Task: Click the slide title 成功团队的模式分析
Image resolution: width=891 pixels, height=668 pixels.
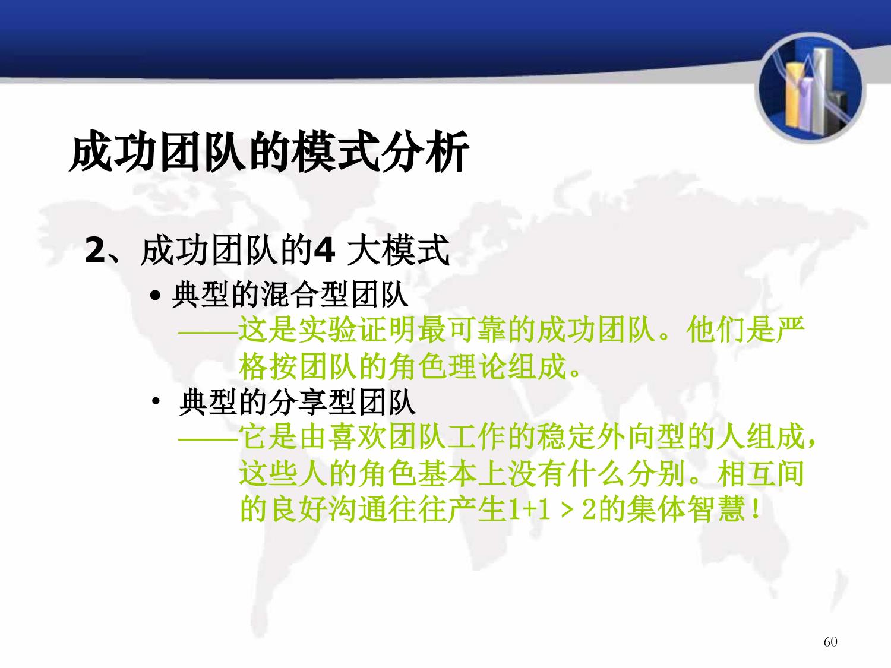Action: click(269, 151)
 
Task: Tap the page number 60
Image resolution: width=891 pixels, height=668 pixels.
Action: click(830, 641)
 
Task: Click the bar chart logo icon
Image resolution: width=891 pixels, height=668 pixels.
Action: click(810, 88)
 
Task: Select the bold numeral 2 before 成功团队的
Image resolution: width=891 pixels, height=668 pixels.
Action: click(95, 250)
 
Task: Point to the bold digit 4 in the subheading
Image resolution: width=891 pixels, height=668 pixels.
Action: click(324, 250)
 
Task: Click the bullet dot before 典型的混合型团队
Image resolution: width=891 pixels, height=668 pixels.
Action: click(156, 295)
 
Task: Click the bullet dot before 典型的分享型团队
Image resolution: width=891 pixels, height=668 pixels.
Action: click(156, 401)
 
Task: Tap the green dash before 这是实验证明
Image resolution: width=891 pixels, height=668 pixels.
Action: click(208, 333)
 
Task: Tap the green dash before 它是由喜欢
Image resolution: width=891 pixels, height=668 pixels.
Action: click(208, 439)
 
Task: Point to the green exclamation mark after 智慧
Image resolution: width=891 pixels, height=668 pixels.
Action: click(755, 509)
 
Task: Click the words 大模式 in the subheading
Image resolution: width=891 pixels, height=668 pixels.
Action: click(399, 250)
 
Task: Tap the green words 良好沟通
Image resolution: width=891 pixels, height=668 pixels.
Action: click(328, 509)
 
